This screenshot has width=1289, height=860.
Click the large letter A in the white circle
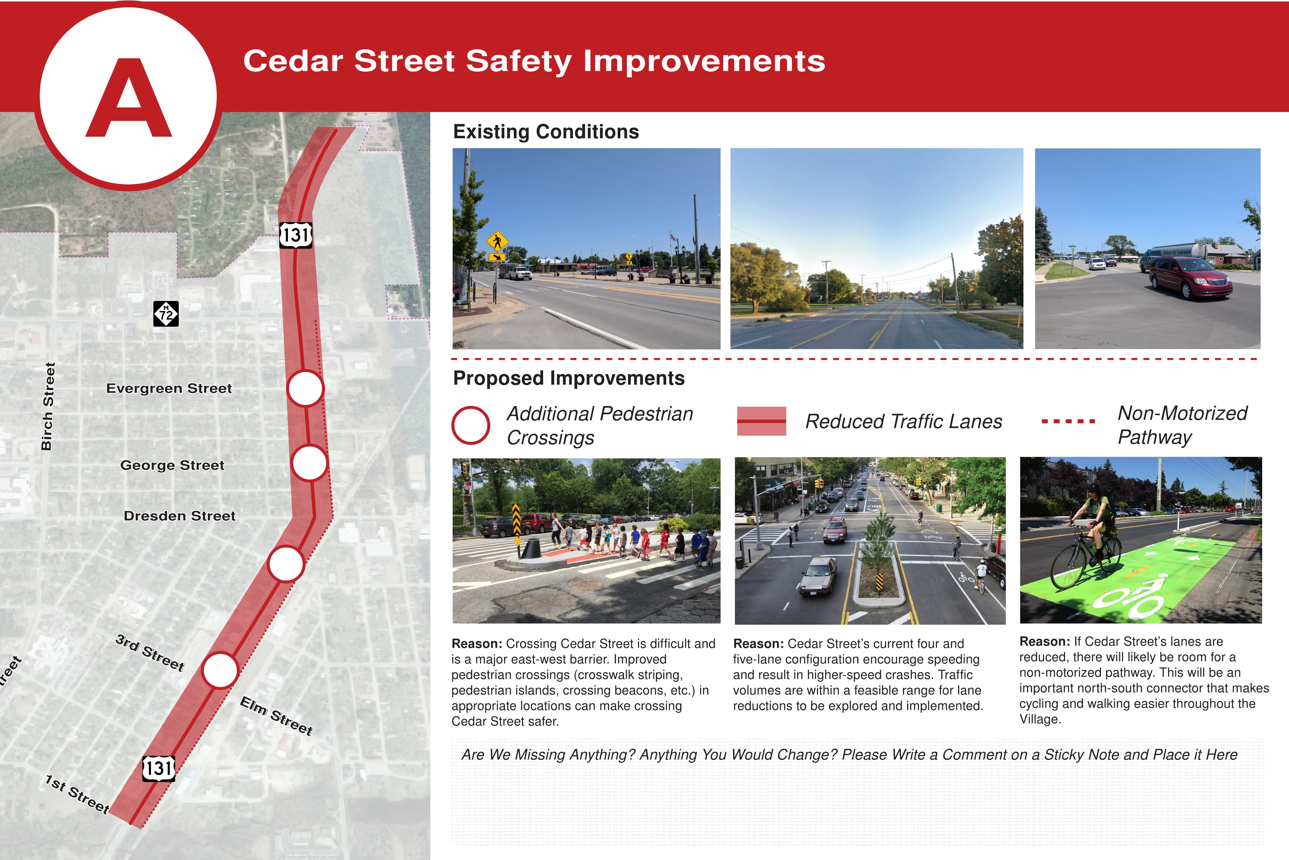coord(129,99)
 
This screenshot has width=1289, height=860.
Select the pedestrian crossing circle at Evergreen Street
coord(305,388)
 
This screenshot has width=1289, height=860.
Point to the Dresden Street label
coord(180,516)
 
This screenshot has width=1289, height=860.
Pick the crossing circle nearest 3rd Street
coord(220,670)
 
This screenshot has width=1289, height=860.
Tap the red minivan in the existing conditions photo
coord(1190,277)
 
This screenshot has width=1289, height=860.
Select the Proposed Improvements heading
coord(569,378)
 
